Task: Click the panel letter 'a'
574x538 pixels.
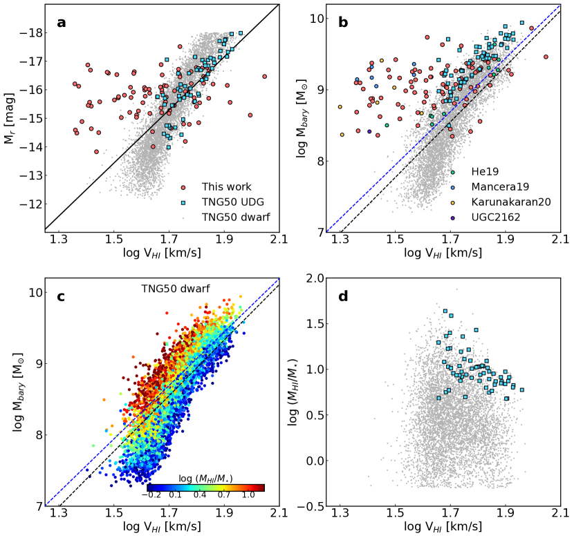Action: [x=62, y=23]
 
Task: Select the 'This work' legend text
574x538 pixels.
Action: [x=226, y=186]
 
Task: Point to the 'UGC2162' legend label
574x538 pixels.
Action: [x=492, y=218]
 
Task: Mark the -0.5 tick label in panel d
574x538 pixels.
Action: [x=313, y=506]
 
